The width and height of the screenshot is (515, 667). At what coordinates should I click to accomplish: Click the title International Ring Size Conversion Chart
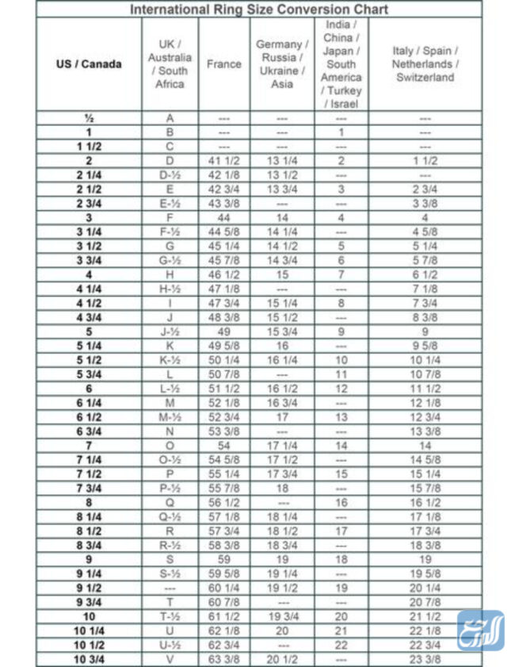click(259, 10)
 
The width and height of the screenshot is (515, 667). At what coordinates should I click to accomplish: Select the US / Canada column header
click(89, 64)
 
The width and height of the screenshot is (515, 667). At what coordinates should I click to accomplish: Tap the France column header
click(224, 64)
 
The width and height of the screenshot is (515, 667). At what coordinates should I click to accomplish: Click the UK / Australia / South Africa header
click(170, 64)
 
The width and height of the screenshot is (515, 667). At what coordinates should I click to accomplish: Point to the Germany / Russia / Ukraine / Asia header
click(282, 64)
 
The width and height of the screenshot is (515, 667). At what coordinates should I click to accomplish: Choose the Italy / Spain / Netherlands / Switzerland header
click(425, 64)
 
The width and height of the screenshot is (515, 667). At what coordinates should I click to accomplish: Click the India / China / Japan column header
click(341, 64)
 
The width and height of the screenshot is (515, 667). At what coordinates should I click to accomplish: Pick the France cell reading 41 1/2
click(224, 161)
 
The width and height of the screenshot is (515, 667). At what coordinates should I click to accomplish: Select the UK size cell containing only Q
click(170, 502)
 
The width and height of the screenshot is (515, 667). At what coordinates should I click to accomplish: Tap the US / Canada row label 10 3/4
click(89, 659)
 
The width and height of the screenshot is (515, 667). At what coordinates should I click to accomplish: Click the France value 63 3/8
click(224, 659)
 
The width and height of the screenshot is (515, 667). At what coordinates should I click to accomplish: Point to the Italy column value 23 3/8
click(425, 659)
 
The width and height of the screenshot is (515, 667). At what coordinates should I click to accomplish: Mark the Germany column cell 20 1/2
click(282, 659)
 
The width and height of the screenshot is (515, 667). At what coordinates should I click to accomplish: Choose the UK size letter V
click(170, 659)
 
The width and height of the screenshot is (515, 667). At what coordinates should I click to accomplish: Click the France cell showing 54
click(224, 446)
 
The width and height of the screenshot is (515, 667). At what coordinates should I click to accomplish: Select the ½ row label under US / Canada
click(89, 118)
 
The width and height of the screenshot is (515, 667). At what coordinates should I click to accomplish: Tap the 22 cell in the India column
click(341, 645)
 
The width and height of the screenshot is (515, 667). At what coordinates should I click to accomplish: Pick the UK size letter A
click(170, 118)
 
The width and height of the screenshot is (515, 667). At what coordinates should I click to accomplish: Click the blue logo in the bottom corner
click(480, 631)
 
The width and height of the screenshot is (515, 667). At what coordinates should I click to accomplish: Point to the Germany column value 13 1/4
click(282, 161)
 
